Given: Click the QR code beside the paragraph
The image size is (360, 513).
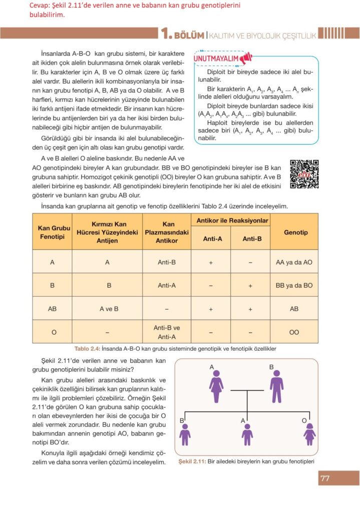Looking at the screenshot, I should (304, 174).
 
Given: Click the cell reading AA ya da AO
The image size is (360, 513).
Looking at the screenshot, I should (294, 262).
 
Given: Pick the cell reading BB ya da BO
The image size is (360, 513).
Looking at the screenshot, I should (294, 285).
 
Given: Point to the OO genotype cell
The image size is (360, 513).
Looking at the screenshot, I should (294, 332).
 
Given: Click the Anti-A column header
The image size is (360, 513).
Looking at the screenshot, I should (212, 238).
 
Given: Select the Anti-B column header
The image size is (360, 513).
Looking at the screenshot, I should (252, 238).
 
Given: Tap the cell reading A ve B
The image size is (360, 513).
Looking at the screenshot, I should (109, 309).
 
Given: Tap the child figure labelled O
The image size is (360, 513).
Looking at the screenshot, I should (309, 434).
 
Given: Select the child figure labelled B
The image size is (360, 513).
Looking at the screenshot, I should (185, 434).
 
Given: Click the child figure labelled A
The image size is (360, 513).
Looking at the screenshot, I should (247, 434).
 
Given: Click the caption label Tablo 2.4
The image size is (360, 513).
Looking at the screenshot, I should (88, 349).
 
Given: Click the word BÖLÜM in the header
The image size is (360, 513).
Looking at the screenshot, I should (189, 35).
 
